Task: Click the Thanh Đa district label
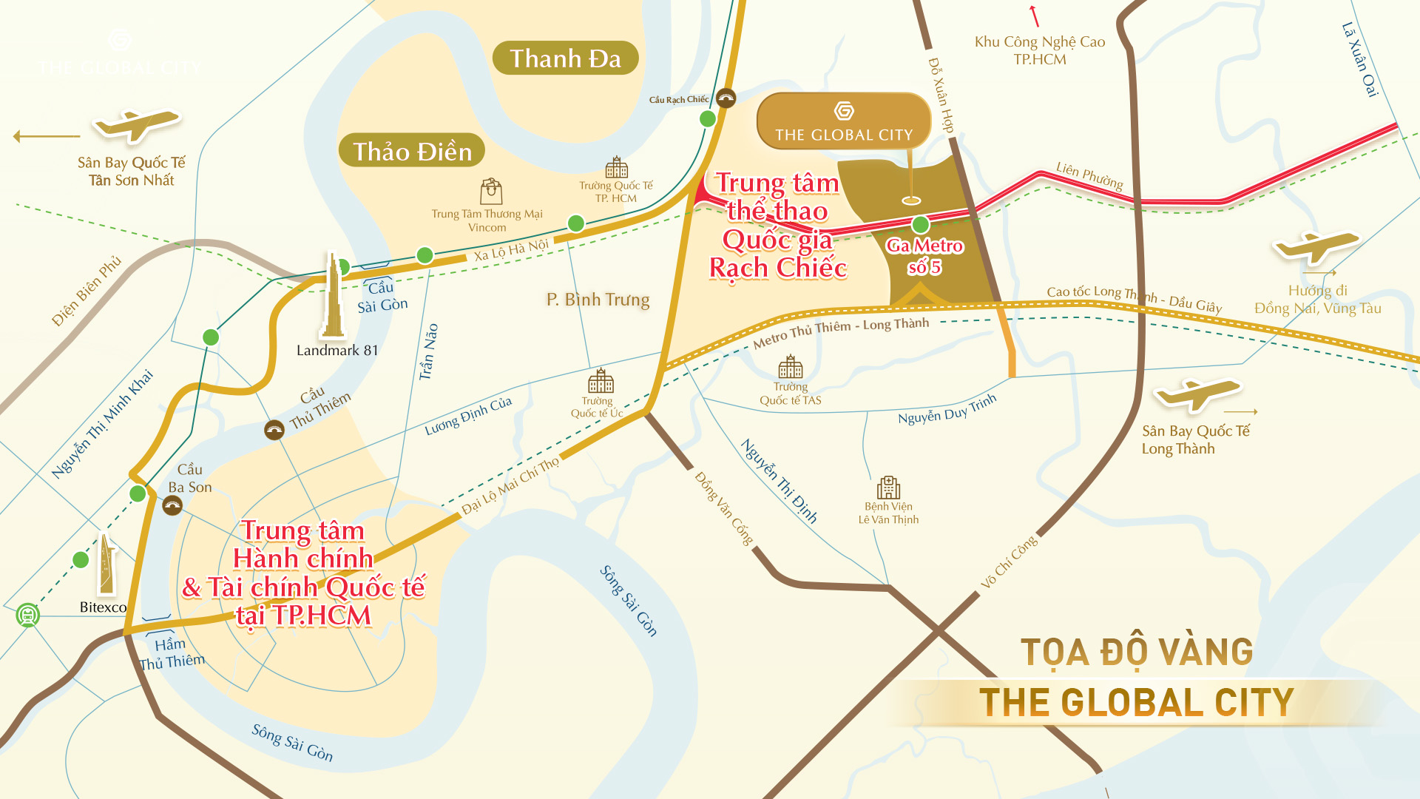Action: pos(565,58)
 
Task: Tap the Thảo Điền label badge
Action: pos(412,151)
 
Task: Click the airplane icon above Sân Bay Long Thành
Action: pos(1197,393)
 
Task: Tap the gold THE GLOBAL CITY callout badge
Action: pos(843,122)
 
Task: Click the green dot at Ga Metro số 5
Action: pos(920,224)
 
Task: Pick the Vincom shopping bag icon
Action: pos(491,192)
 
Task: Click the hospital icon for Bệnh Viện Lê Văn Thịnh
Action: pos(888,488)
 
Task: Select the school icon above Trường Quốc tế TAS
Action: pos(790,366)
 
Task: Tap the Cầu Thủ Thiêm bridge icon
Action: pos(274,430)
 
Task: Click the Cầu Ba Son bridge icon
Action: pos(172,506)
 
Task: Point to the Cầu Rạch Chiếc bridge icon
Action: pos(726,98)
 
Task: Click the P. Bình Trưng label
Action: pos(598,300)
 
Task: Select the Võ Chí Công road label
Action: pos(1009,562)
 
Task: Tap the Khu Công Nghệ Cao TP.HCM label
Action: pos(1039,50)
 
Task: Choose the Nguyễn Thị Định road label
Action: pos(780,481)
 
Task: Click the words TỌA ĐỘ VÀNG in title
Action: pos(1137,653)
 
